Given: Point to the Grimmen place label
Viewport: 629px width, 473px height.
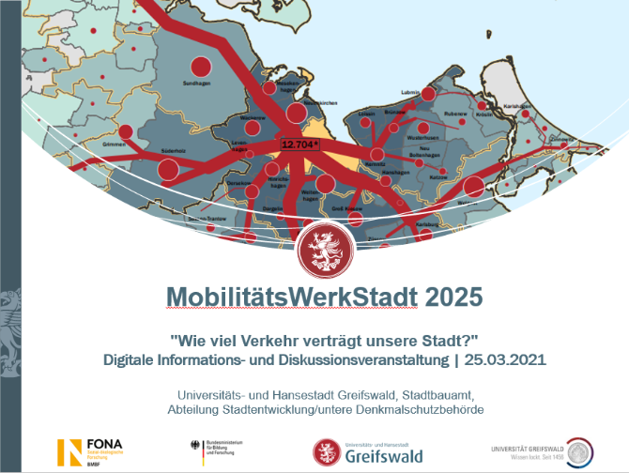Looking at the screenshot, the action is click(x=115, y=145).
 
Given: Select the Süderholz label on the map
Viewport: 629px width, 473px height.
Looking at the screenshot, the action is click(x=174, y=150).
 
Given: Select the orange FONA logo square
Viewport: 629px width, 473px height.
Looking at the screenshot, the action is click(x=69, y=450).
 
